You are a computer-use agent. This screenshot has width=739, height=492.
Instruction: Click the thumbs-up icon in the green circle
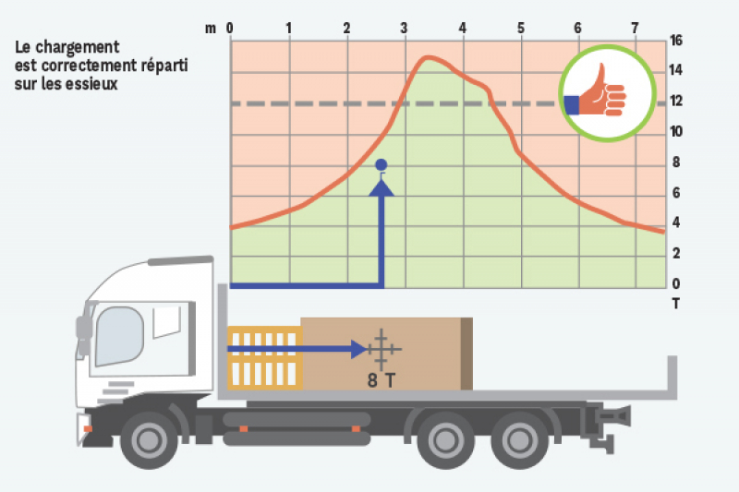coord(599,94)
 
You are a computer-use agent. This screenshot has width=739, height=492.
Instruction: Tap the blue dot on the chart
coord(382,165)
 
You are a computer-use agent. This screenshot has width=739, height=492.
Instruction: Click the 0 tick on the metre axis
coord(230,28)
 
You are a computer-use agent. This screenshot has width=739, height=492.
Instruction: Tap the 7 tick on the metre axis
coord(635,28)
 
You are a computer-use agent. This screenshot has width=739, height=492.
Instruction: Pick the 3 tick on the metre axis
coord(404,28)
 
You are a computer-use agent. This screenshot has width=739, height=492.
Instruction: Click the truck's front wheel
coord(149,439)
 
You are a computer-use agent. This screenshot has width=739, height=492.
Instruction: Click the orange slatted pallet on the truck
coord(264,356)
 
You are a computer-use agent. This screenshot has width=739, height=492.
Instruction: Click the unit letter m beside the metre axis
coord(212,28)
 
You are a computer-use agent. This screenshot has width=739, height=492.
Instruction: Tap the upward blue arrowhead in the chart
coord(382,188)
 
